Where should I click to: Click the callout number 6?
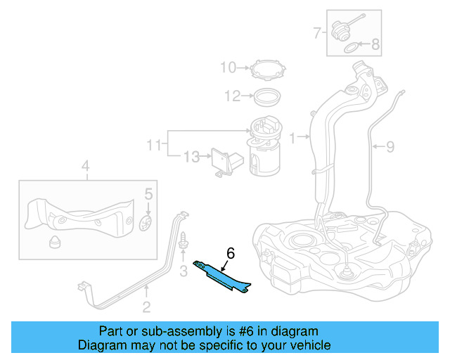(230, 253)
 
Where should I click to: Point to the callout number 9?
(390, 147)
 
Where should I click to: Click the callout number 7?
(318, 32)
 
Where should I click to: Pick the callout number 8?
(375, 45)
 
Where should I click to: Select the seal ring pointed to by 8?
(349, 48)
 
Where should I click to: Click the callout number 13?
(191, 156)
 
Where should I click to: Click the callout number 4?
(85, 167)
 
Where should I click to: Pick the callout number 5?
(148, 193)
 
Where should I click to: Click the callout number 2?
(146, 306)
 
